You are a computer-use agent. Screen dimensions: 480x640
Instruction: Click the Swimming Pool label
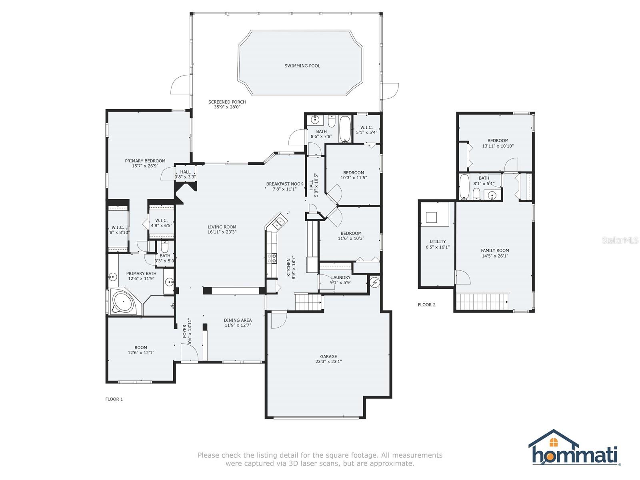pos(302,66)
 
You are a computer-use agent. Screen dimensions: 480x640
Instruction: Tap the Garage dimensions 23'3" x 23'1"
pos(328,362)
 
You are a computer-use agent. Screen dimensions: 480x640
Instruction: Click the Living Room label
pos(222,227)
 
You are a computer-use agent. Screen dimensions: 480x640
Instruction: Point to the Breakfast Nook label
pos(284,184)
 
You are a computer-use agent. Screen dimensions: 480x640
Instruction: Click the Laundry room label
pos(340,277)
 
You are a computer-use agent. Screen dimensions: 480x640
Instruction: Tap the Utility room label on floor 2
pos(438,242)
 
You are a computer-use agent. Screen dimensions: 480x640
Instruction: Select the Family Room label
pos(495,250)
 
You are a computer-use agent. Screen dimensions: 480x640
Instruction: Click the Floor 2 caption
pos(426,305)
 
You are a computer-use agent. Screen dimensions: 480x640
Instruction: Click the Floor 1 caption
pos(114,399)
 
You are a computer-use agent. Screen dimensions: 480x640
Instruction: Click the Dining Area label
pos(238,320)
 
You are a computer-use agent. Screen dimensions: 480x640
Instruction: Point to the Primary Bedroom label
pos(145,161)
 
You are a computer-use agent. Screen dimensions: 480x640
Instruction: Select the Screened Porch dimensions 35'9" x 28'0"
pos(227,107)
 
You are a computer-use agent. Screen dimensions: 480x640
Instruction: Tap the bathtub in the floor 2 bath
pos(464,187)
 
